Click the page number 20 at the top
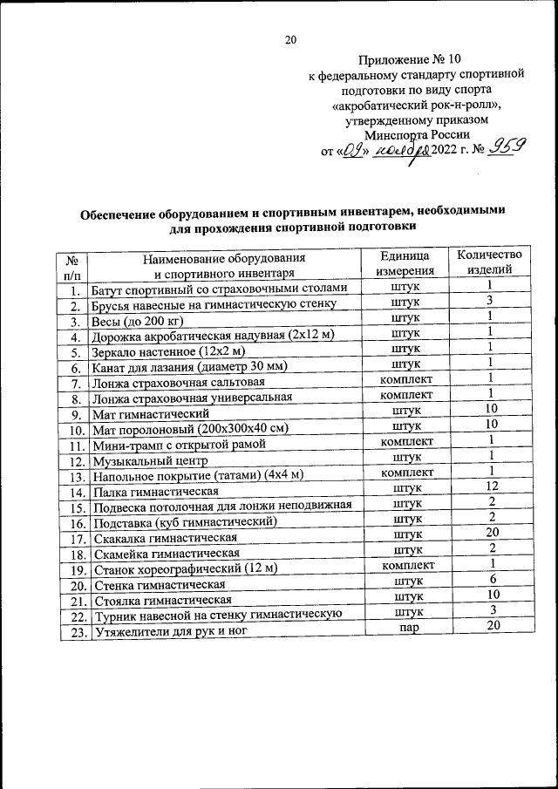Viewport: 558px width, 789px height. point(291,39)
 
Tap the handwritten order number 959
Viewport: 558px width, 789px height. point(505,149)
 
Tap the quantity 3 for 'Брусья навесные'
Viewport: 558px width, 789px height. point(491,302)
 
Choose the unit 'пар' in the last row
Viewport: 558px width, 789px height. point(406,629)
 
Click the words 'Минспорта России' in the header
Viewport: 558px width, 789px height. point(418,134)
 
